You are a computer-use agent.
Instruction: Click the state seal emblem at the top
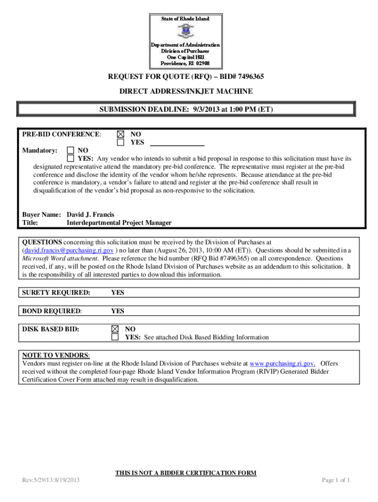[186, 31]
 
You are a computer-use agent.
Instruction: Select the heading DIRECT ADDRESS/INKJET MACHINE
[186, 91]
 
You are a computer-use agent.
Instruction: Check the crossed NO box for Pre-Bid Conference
[120, 134]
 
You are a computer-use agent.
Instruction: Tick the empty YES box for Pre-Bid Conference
[120, 142]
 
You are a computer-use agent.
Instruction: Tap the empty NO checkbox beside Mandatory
[71, 151]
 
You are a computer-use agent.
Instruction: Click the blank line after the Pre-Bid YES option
[177, 143]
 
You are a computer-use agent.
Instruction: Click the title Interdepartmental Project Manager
[119, 223]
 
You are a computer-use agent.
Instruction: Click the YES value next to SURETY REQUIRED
[117, 293]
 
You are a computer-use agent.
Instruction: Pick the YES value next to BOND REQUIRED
[117, 311]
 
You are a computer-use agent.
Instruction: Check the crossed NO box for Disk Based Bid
[115, 329]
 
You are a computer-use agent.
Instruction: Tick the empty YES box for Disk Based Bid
[115, 337]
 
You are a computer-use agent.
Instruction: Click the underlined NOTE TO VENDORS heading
[55, 355]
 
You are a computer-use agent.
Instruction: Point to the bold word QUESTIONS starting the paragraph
[42, 242]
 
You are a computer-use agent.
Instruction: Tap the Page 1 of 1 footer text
[335, 480]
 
